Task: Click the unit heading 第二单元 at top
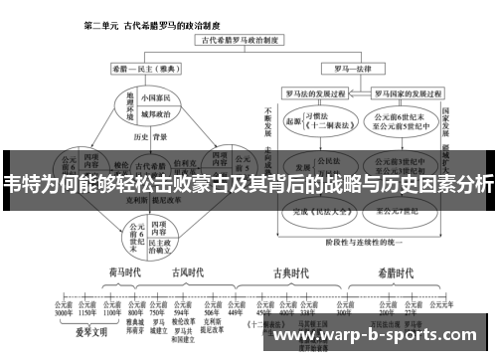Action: point(103,24)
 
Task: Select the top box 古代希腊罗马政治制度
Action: point(243,42)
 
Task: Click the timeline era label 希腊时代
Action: point(396,273)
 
